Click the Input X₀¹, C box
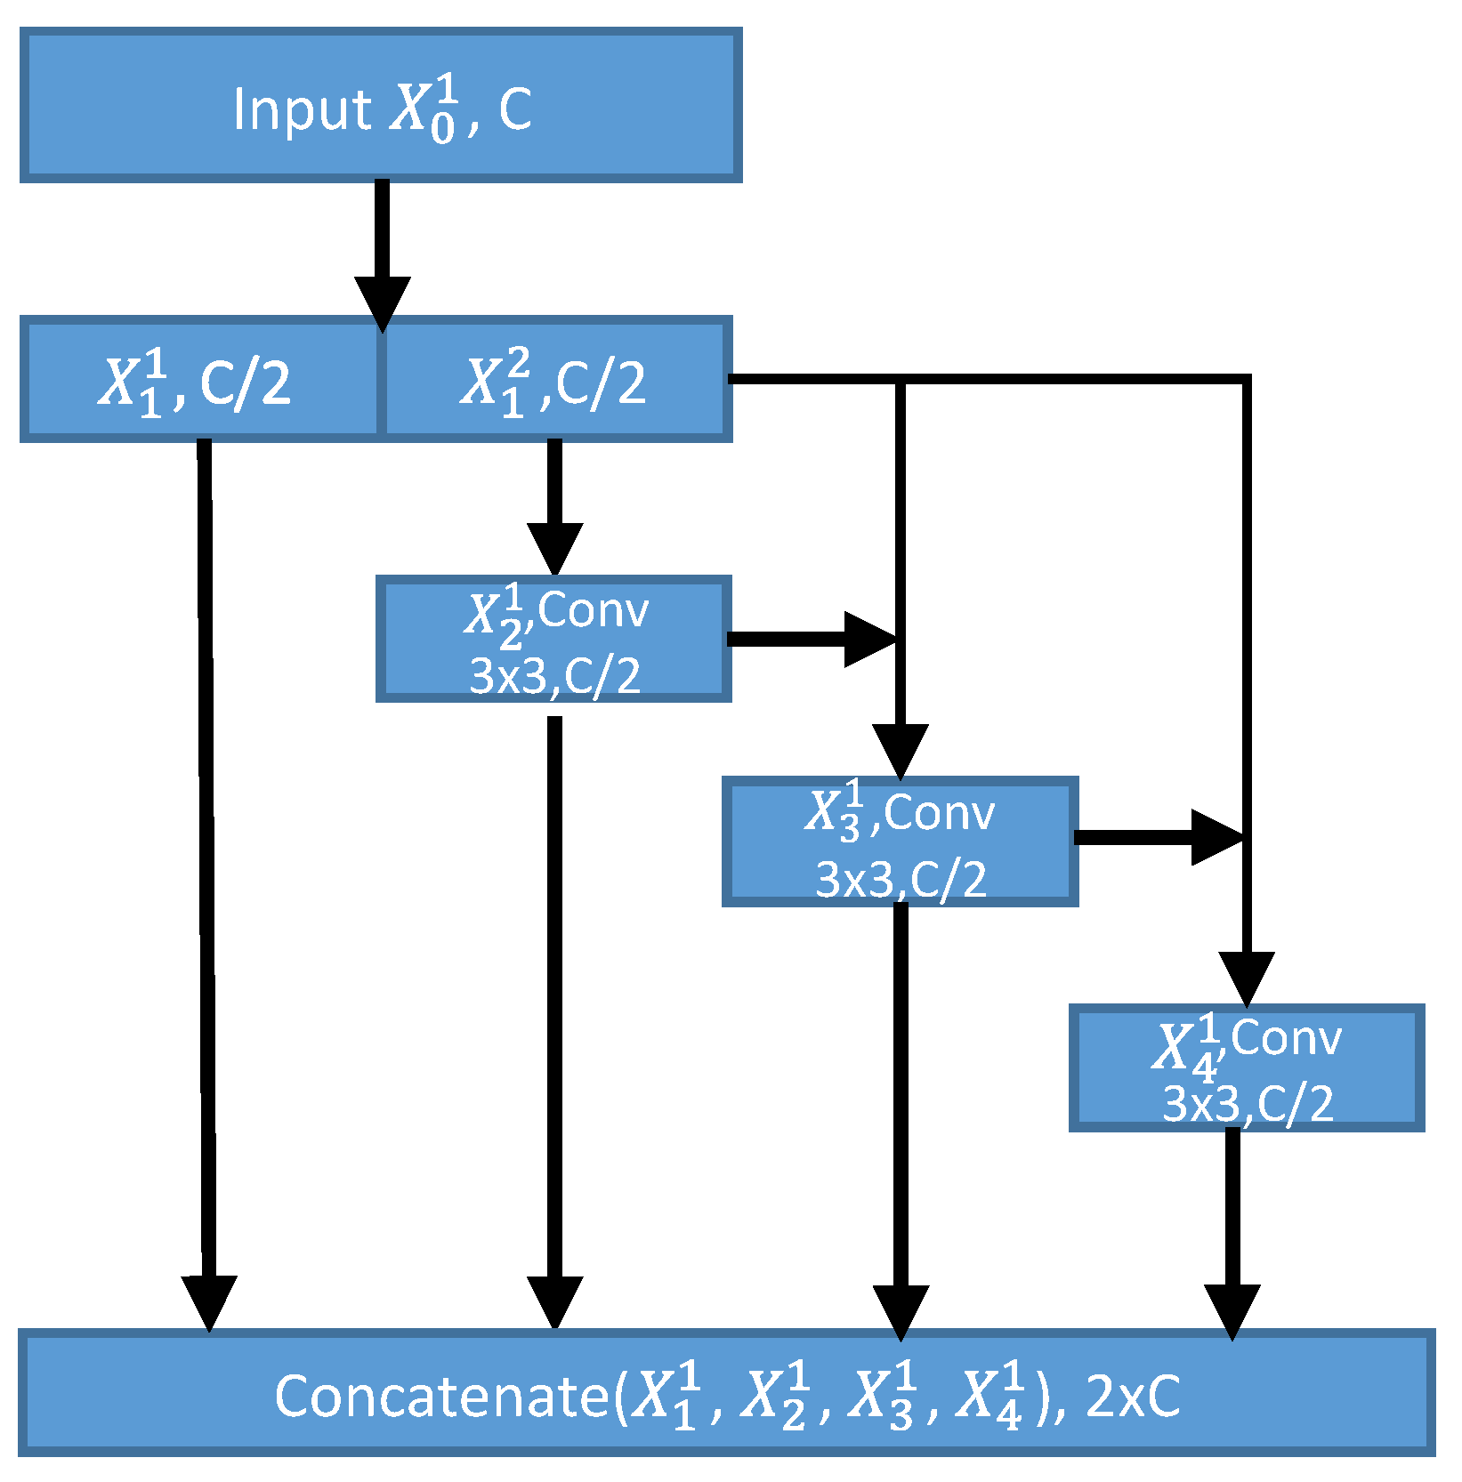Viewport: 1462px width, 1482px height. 381,105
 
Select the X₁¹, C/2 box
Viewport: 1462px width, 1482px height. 200,380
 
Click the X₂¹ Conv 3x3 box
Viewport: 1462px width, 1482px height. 553,639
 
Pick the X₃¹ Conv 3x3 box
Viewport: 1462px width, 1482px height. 900,842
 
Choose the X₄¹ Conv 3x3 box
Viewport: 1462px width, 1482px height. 1246,1067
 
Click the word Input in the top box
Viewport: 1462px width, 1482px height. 302,109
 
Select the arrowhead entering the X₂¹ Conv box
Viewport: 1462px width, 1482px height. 554,546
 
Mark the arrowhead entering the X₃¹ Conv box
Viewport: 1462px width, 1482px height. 900,749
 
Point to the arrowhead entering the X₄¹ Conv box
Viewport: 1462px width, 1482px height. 1246,977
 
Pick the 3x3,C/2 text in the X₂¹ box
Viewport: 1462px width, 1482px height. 554,676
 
